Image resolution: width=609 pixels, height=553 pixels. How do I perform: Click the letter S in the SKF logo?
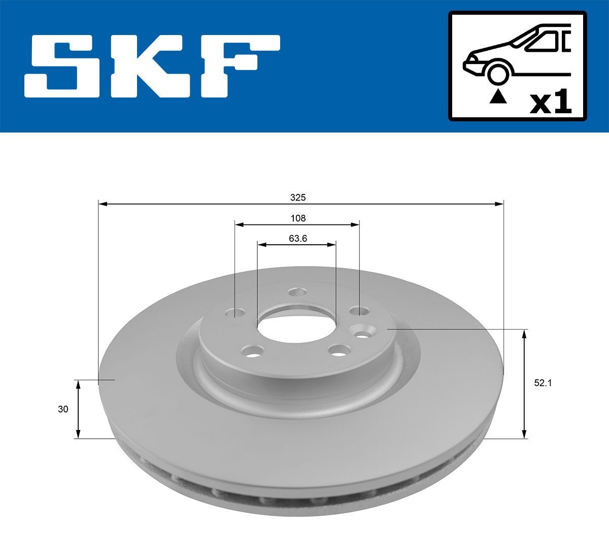[x=61, y=66]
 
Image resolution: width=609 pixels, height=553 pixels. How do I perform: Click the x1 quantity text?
[x=550, y=103]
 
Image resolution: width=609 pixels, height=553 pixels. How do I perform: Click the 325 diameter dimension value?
[x=298, y=197]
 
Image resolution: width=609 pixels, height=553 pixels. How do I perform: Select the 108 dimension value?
[x=298, y=218]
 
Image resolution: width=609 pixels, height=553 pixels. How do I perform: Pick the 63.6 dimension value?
[x=298, y=239]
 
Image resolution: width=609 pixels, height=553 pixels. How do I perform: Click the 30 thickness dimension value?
[x=63, y=409]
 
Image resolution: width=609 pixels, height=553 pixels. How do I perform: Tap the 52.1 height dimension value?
[x=542, y=384]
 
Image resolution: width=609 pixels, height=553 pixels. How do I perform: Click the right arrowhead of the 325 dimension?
[x=499, y=204]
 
